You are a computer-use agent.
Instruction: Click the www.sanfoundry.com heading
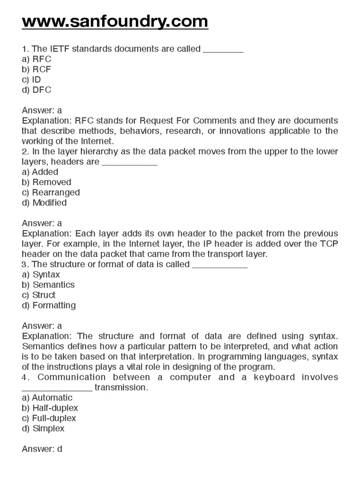coord(115,21)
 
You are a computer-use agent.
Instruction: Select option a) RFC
coord(37,59)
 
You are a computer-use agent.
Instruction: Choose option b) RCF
coord(37,69)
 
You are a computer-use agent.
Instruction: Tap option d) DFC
coord(37,90)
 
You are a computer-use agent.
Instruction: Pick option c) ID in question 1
coord(31,80)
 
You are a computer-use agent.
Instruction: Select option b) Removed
coord(46,182)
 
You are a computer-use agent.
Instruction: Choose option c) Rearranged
coord(51,193)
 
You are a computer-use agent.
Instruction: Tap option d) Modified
coord(44,203)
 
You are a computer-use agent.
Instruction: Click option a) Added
coord(40,172)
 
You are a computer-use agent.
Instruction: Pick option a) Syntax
coord(41,275)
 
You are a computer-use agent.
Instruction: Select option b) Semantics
coord(48,285)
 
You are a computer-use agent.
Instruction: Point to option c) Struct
coord(38,295)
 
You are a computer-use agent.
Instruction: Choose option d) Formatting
coord(48,306)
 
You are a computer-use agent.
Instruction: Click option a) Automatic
coord(47,398)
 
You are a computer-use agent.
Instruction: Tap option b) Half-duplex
coord(50,408)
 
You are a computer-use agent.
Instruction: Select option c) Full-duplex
coord(49,419)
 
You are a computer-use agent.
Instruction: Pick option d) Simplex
coord(43,429)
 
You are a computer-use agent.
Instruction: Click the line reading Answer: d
coord(42,449)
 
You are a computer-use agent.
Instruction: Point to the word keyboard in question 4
coord(272,377)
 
